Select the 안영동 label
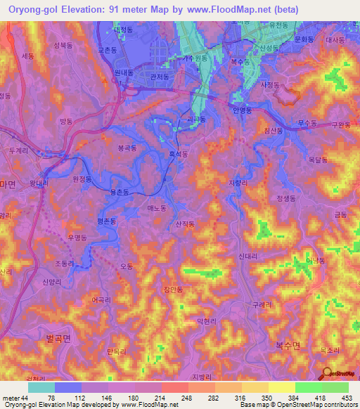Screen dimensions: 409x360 240,110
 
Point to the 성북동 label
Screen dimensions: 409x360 63,44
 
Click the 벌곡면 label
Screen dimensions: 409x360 59,338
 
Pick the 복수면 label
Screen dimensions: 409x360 287,345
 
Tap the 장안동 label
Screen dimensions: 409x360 192,289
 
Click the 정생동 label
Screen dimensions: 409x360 287,198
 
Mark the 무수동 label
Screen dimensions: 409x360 307,123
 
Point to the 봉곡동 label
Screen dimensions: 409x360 127,148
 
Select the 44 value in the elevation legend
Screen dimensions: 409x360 25,398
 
